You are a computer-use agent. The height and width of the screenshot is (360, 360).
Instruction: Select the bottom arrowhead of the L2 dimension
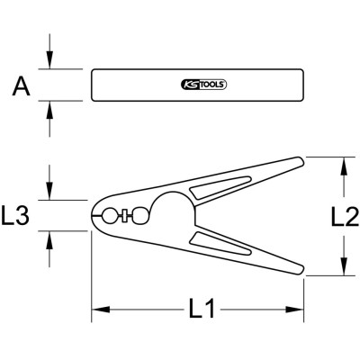click(343, 268)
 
